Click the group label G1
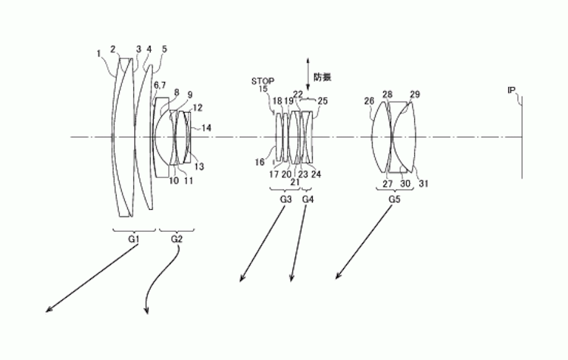pos(133,239)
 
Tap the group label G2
pos(176,239)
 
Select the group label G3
pos(286,199)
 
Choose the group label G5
pos(394,199)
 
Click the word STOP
pos(262,80)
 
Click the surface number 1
pos(98,53)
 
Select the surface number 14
pos(207,128)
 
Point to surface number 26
pos(369,100)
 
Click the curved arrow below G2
pos(160,284)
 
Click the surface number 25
pos(323,100)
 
